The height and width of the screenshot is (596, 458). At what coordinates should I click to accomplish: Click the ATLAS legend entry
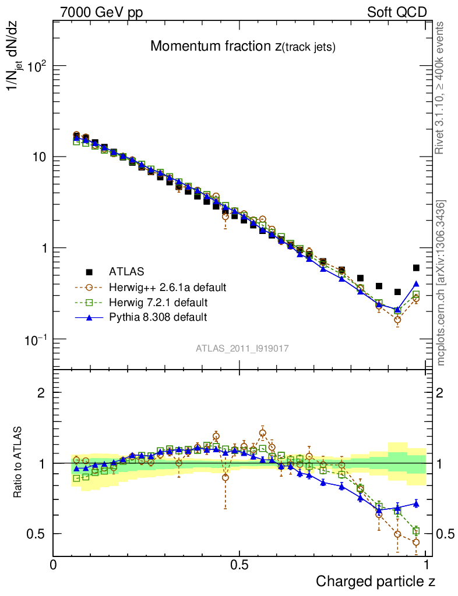(125, 271)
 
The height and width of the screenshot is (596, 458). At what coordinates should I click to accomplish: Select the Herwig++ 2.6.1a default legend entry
(167, 287)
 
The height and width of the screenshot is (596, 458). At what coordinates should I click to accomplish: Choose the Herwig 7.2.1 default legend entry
(158, 303)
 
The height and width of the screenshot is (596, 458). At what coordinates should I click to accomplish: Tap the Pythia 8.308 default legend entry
(157, 317)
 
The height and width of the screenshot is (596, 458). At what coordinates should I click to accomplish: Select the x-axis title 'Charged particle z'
(375, 581)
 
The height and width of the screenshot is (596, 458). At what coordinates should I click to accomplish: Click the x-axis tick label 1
(427, 565)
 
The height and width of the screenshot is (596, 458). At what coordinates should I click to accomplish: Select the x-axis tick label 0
(53, 565)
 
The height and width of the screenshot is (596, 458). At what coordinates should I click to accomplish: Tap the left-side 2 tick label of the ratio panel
(41, 393)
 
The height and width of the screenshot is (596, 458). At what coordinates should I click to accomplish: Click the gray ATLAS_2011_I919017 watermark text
(242, 348)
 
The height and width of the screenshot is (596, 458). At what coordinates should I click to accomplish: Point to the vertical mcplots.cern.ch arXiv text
(442, 283)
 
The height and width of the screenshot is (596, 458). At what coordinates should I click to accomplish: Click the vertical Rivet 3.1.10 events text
(441, 88)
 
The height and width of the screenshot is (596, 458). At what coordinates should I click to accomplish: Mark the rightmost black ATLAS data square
(416, 268)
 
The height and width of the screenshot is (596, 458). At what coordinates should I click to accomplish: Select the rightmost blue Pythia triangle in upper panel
(416, 284)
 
